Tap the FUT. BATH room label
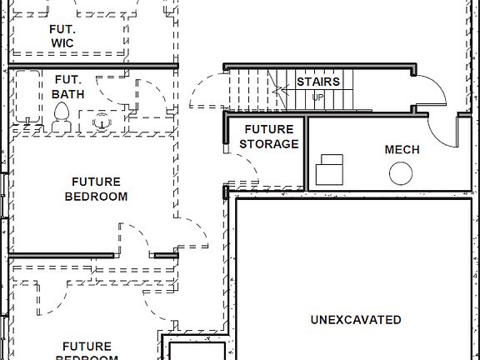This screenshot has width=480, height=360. (x=67, y=87)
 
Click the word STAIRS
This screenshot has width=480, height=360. (x=318, y=82)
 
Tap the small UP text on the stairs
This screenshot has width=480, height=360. (x=317, y=97)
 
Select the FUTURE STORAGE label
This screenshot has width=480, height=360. (x=268, y=137)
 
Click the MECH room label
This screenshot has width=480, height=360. (x=402, y=150)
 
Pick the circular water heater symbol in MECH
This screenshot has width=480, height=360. (x=402, y=173)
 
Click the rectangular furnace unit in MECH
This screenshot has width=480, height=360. (x=332, y=169)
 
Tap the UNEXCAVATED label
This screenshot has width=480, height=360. (x=356, y=319)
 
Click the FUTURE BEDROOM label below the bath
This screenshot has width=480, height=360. (x=96, y=189)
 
